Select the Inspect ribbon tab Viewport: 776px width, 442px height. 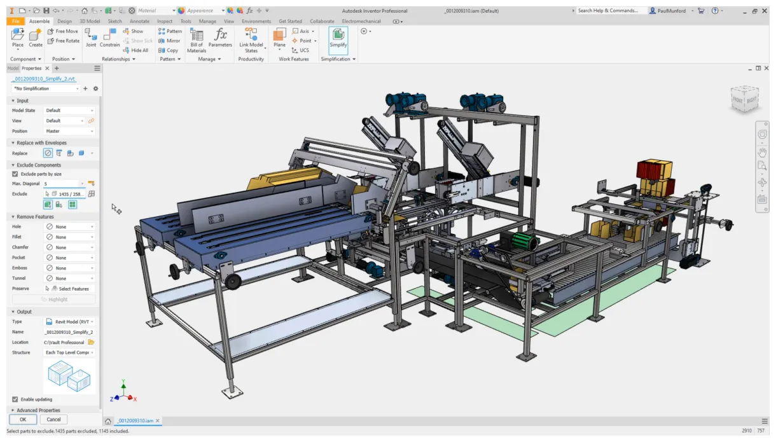[164, 21]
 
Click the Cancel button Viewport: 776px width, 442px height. [53, 419]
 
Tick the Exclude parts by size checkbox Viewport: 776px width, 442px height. [15, 174]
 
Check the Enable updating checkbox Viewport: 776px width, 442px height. [15, 399]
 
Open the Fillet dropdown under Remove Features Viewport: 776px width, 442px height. [69, 237]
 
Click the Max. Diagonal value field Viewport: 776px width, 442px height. [62, 184]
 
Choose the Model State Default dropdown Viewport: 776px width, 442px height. [69, 111]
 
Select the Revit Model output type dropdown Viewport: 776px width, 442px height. [69, 322]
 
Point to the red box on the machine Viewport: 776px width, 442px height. [649, 170]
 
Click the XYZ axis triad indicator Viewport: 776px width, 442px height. [123, 394]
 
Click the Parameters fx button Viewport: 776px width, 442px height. [220, 39]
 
